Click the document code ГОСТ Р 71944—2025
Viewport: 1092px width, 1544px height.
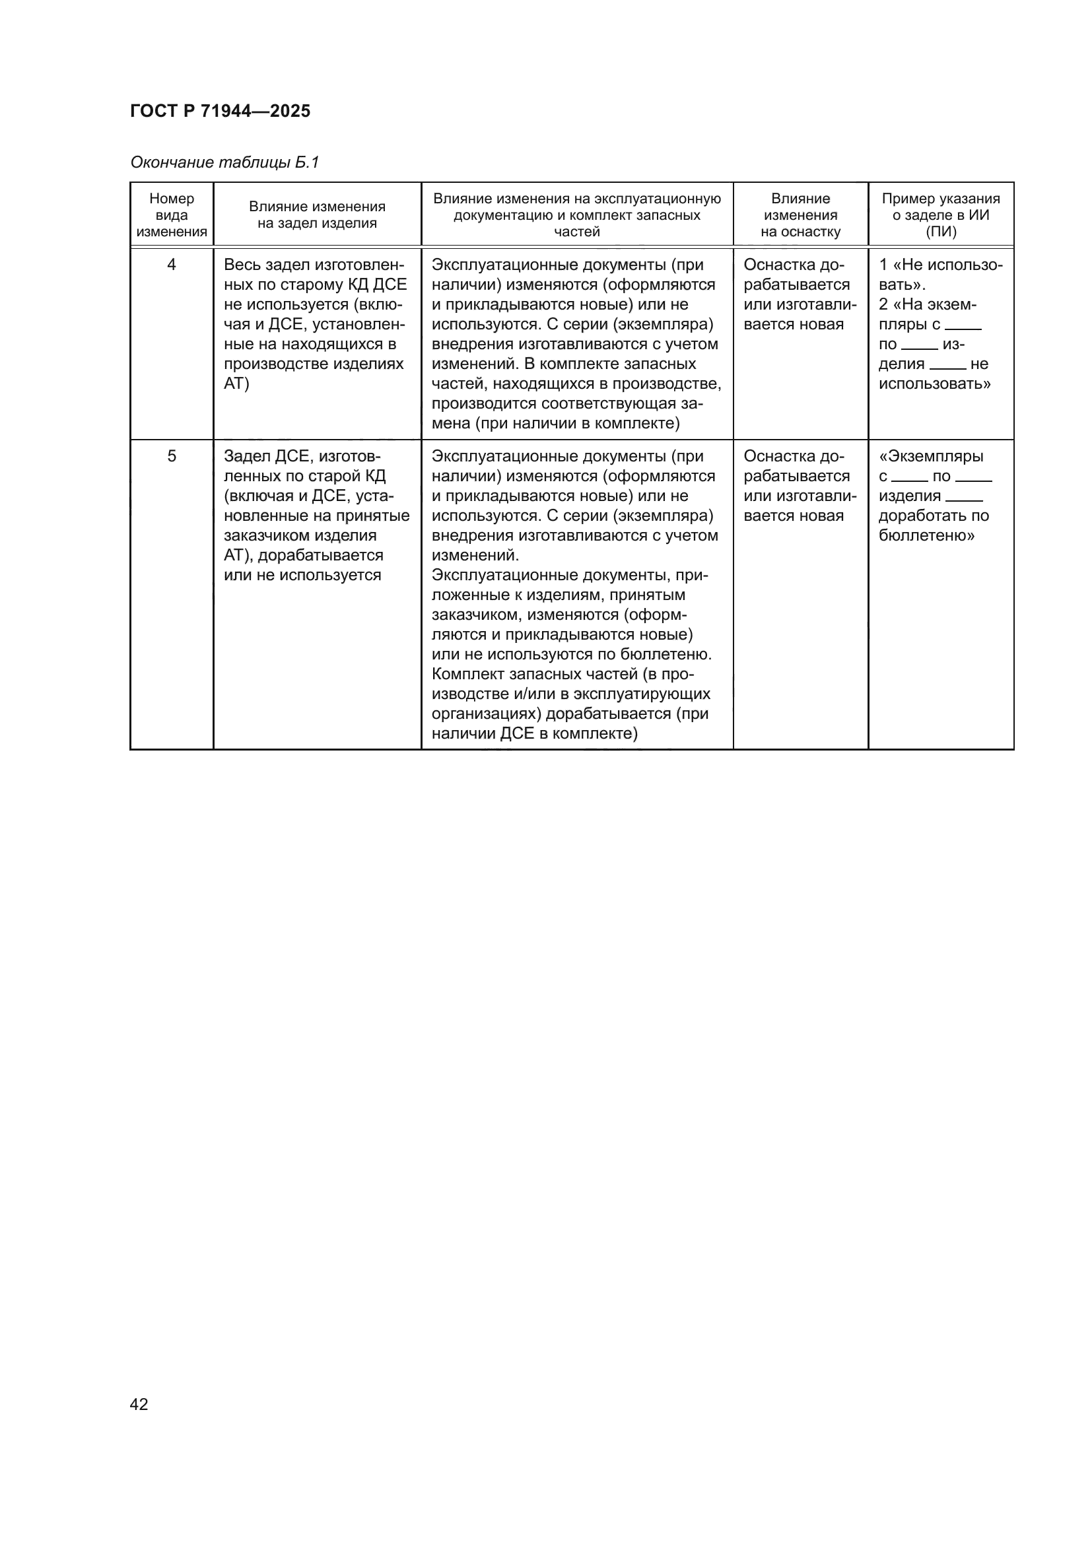[x=220, y=111]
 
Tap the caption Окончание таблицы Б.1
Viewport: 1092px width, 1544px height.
[x=224, y=162]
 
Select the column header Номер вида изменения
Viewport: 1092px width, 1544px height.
[x=172, y=215]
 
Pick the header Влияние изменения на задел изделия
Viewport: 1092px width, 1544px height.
[x=317, y=215]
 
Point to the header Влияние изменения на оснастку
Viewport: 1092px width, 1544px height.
[x=800, y=215]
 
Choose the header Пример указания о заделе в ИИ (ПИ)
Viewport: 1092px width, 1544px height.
[x=941, y=215]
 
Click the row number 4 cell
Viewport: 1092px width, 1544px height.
[x=172, y=265]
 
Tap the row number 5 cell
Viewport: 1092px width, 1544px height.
[x=172, y=457]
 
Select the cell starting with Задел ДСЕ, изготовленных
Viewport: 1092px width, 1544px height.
[x=316, y=516]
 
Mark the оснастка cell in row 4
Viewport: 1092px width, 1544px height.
[x=799, y=294]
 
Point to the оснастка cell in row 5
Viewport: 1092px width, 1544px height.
[x=799, y=487]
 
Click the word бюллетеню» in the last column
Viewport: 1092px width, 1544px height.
[x=926, y=536]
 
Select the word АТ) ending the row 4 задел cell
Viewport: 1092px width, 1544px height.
[x=236, y=384]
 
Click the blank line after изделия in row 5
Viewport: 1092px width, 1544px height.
[x=963, y=498]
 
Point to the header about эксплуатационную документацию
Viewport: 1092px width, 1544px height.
[x=576, y=215]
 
